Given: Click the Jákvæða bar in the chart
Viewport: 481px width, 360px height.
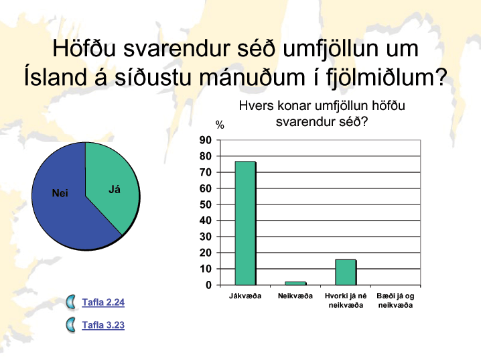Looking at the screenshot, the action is (x=245, y=223).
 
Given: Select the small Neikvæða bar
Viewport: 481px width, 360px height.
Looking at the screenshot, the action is (x=295, y=284).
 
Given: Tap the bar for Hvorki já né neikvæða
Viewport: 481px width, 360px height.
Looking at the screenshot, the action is (x=346, y=272).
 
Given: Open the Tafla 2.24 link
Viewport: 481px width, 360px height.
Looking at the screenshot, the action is (x=103, y=302).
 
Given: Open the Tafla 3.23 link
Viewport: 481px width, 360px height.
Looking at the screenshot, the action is (x=103, y=325).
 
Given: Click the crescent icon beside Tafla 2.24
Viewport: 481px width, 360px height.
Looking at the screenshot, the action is (x=71, y=302).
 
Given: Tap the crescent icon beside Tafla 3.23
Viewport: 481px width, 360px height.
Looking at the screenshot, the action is (x=71, y=325).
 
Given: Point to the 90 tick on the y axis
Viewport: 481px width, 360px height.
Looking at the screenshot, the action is (x=206, y=140).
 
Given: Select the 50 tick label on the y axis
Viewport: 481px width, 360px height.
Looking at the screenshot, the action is (x=206, y=204).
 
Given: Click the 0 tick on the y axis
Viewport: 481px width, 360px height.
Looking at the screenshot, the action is (x=209, y=285).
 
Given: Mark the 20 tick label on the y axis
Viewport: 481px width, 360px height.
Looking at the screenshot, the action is (x=206, y=253).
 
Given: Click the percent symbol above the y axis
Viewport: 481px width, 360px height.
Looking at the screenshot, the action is (x=220, y=125).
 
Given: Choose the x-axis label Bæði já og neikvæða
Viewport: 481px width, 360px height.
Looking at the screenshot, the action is (x=395, y=300).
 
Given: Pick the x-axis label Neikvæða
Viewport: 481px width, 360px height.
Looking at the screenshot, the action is (x=295, y=296).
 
